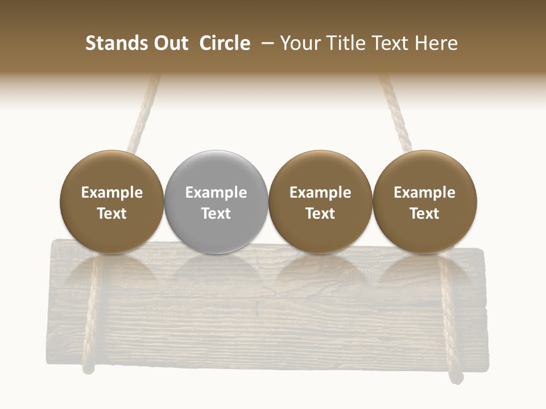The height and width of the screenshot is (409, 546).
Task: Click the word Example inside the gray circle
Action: [216, 193]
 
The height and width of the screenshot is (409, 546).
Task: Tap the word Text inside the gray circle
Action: [216, 214]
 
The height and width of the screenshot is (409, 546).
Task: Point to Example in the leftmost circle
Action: [112, 193]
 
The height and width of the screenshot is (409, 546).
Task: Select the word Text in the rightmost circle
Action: [425, 214]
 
